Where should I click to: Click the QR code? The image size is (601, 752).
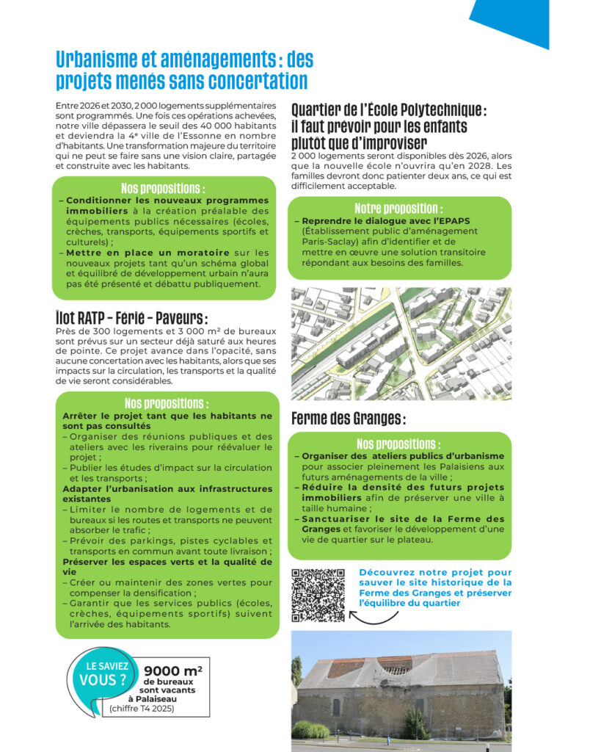[x=318, y=595]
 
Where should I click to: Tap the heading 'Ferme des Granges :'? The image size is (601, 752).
[x=348, y=419]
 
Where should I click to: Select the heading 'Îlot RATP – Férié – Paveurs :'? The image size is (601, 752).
[x=131, y=318]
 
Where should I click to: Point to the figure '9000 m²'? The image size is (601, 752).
[x=173, y=670]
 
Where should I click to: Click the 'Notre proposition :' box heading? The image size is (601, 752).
[x=398, y=209]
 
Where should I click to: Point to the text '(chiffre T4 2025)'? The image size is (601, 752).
[x=142, y=709]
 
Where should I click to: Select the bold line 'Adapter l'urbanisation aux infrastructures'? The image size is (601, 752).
[x=167, y=488]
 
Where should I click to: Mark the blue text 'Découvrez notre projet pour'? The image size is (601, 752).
[x=435, y=573]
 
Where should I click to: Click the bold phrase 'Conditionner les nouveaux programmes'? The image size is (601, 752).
[x=167, y=200]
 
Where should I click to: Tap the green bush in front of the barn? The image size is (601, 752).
[x=310, y=729]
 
